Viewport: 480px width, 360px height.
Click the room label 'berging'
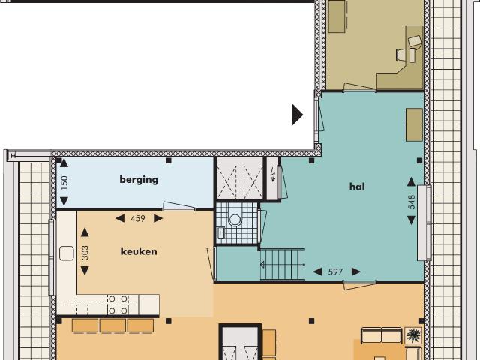(x=139, y=179)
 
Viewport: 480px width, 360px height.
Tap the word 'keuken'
(x=139, y=251)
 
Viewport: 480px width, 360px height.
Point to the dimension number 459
(x=138, y=219)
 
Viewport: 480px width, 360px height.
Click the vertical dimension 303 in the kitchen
(x=85, y=252)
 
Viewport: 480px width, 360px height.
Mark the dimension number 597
(x=335, y=271)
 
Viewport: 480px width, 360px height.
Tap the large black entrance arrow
(x=298, y=115)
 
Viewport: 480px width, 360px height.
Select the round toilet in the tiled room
(x=235, y=220)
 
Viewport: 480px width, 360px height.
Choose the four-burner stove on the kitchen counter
(x=117, y=303)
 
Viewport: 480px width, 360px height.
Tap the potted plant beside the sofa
(x=412, y=334)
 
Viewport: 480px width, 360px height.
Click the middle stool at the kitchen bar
(x=112, y=325)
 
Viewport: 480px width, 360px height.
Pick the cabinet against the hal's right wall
(x=414, y=124)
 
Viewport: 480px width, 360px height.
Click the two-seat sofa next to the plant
(x=381, y=334)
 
